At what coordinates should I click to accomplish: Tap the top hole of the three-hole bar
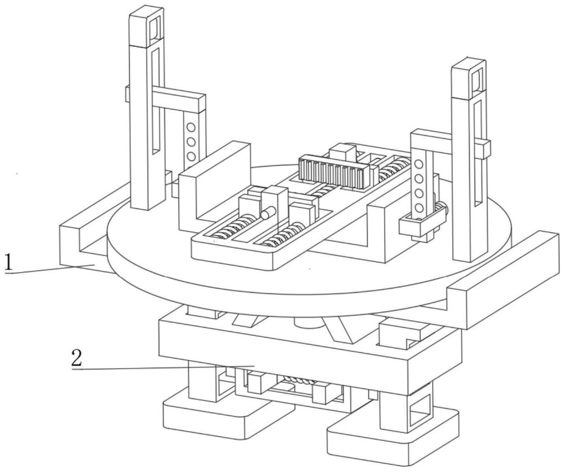pyautogui.click(x=191, y=127)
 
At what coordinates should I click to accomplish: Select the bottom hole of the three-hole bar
pyautogui.click(x=191, y=156)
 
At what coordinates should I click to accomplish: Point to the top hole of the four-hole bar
pyautogui.click(x=419, y=164)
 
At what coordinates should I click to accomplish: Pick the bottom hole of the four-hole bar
pyautogui.click(x=419, y=208)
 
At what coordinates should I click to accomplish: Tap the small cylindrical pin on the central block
pyautogui.click(x=268, y=213)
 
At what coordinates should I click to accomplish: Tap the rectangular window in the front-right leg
pyautogui.click(x=420, y=409)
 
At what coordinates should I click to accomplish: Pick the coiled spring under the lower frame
pyautogui.click(x=299, y=379)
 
